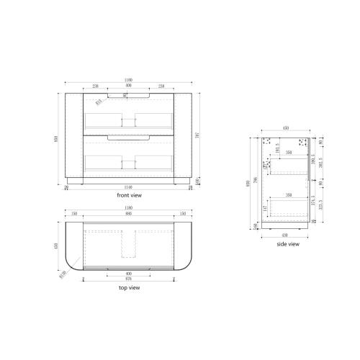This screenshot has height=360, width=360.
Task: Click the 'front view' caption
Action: tap(130, 195)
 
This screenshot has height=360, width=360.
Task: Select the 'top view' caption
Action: tap(129, 287)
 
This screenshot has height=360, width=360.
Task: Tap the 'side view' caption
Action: tap(288, 244)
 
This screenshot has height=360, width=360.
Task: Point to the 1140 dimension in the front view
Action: tap(130, 187)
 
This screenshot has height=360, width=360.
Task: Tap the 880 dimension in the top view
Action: tap(130, 214)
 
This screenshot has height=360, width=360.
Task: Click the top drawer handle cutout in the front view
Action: tap(130, 94)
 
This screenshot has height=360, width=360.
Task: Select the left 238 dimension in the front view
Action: tap(96, 86)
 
